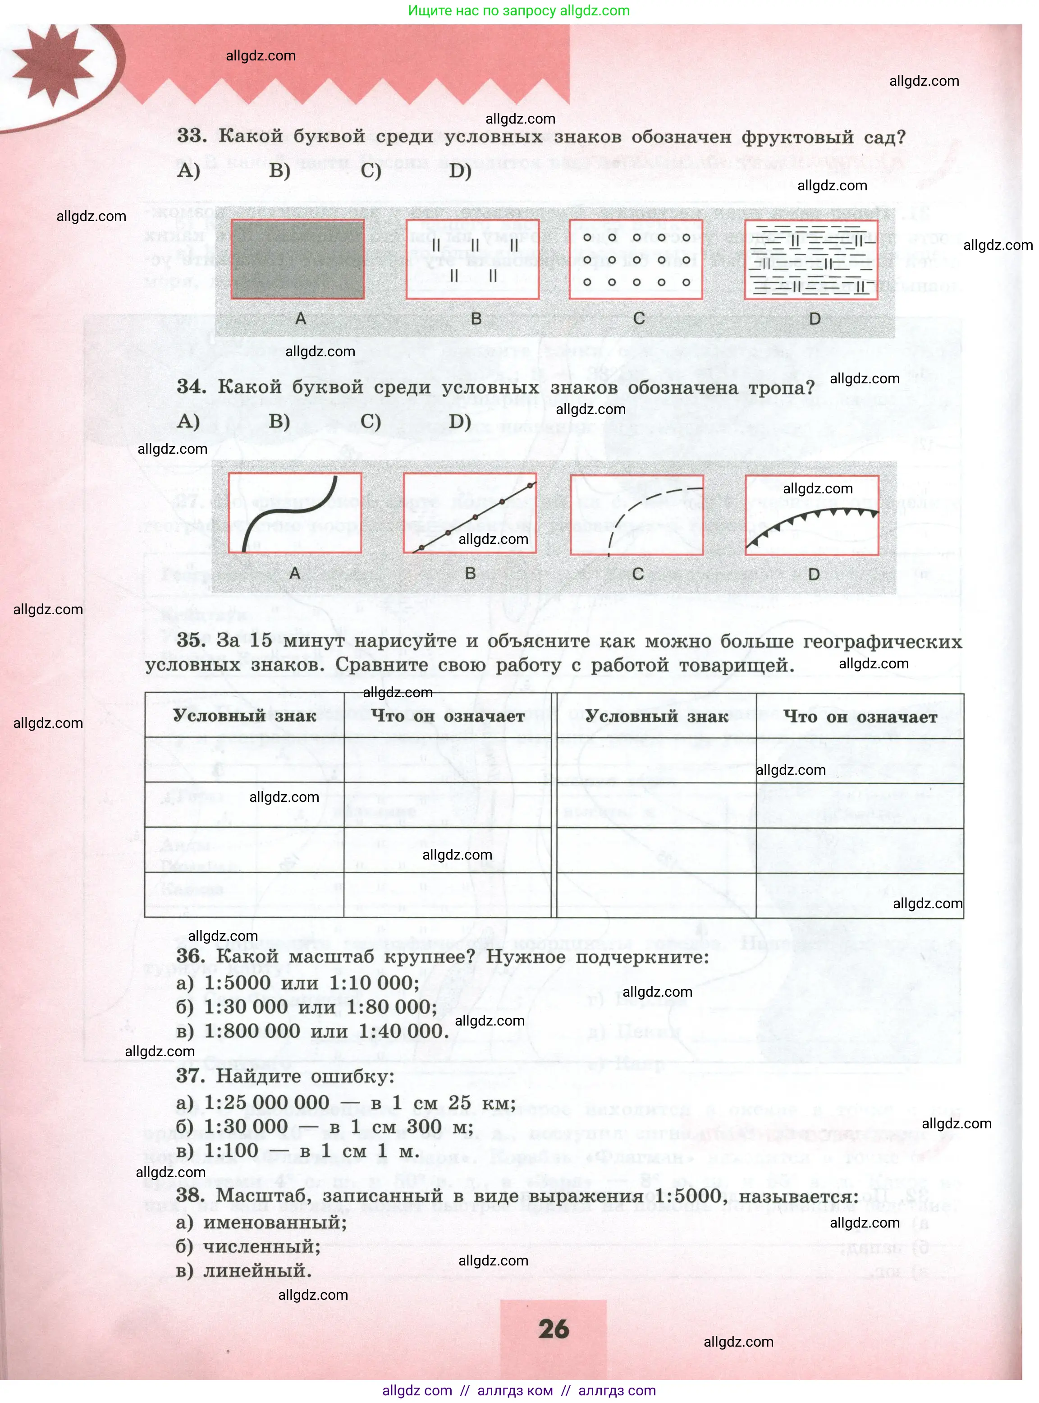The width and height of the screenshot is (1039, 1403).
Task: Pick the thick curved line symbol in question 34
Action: pyautogui.click(x=294, y=513)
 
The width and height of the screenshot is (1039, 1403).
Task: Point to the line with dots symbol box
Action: pyautogui.click(x=470, y=513)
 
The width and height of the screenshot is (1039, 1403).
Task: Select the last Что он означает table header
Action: pyautogui.click(x=860, y=716)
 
